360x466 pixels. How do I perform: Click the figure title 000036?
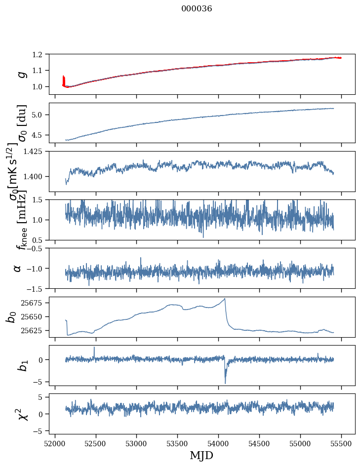tap(197, 9)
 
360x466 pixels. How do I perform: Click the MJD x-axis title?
tap(201, 455)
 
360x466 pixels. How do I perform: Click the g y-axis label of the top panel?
tap(21, 74)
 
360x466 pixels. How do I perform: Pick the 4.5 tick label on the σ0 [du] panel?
tap(42, 135)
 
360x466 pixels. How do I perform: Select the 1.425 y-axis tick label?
tap(38, 152)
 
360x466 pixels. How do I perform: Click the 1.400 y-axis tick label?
tap(38, 176)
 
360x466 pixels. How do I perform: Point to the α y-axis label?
tap(17, 268)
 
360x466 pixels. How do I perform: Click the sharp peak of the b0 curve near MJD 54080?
tap(225, 298)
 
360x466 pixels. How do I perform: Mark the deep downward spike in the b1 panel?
tap(225, 383)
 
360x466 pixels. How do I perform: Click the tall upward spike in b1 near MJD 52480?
tap(94, 347)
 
